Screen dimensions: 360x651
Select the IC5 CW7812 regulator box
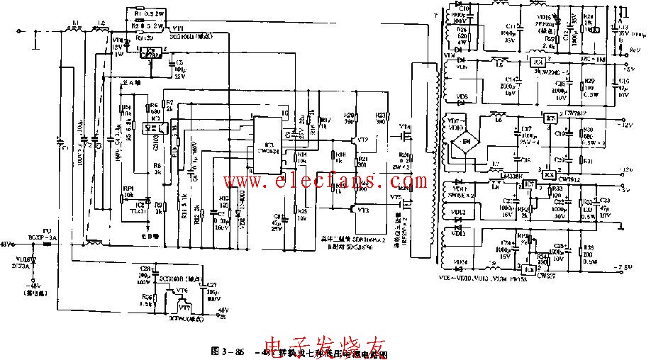550,117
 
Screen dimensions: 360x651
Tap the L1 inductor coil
74,31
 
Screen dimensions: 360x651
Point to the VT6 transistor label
182,291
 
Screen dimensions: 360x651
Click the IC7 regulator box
528,186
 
